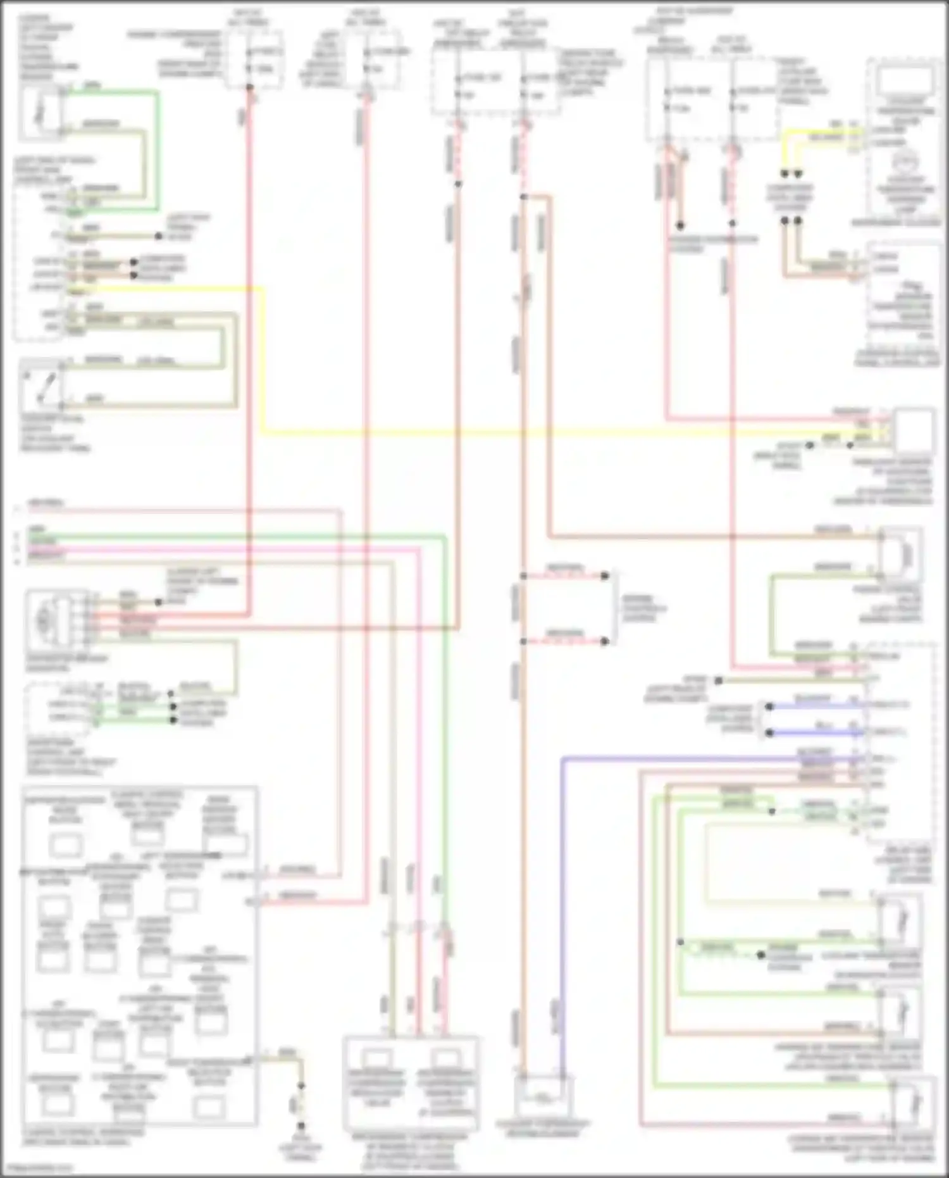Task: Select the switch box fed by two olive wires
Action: click(42, 383)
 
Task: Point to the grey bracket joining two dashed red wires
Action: click(614, 608)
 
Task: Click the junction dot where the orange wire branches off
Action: click(524, 197)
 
